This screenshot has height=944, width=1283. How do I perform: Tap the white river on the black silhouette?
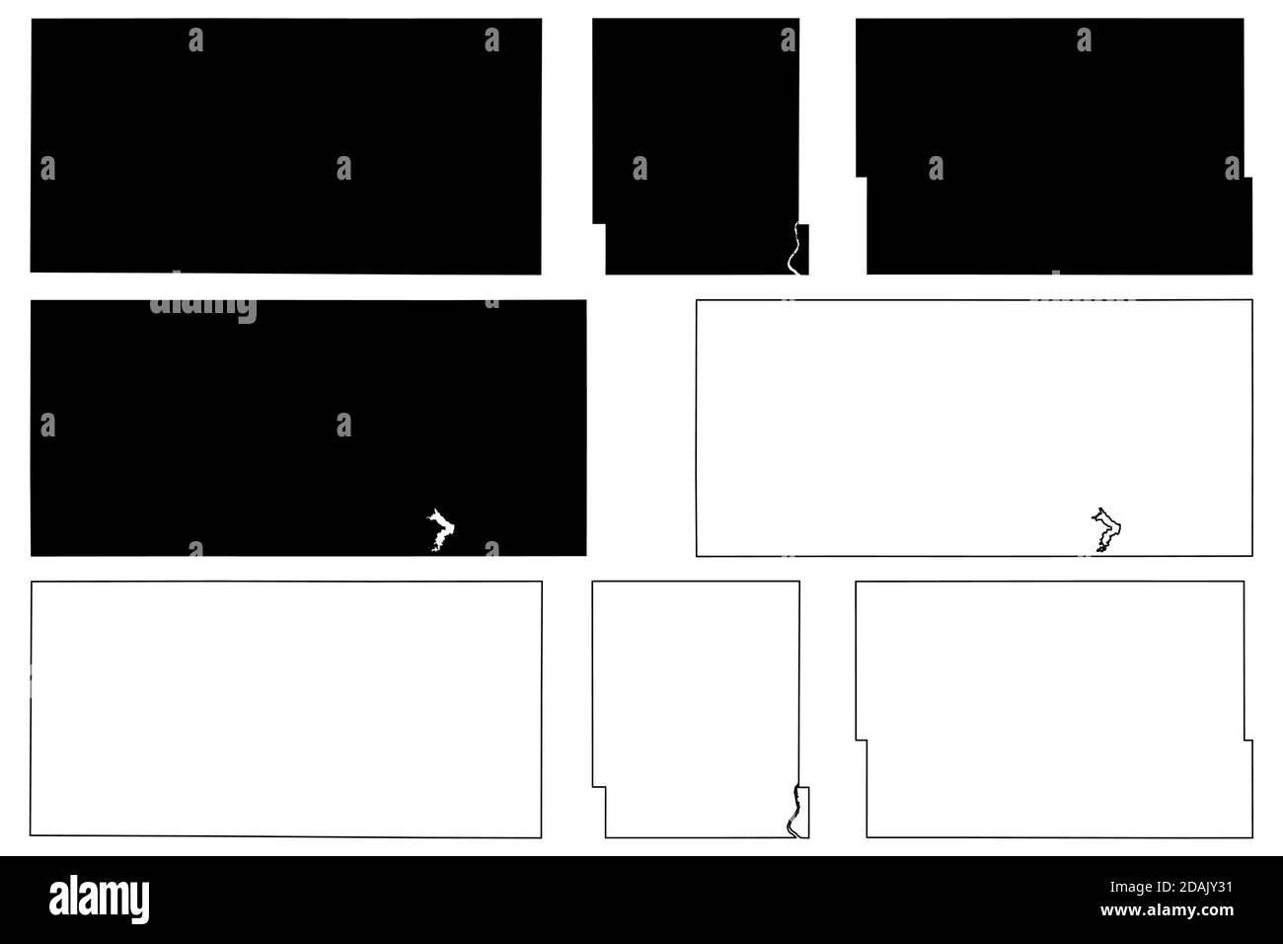[x=793, y=249]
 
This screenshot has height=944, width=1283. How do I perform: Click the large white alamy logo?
[x=99, y=899]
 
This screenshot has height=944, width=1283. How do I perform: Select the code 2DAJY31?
[x=1204, y=887]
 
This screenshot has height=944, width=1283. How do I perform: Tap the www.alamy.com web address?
[x=1168, y=910]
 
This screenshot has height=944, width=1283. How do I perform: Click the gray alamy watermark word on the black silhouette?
[x=203, y=308]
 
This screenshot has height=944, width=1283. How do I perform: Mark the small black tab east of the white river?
[x=803, y=249]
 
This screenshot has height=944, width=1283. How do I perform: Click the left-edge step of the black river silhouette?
[x=599, y=223]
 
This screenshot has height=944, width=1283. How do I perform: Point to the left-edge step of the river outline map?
[x=599, y=787]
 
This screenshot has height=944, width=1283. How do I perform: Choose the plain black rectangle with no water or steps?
[x=286, y=146]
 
